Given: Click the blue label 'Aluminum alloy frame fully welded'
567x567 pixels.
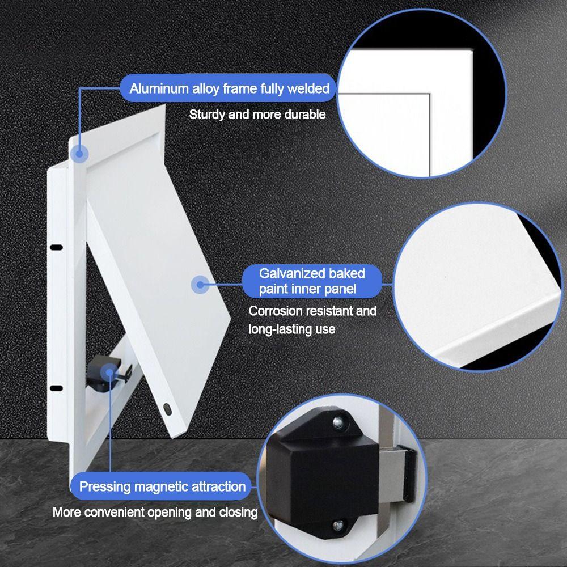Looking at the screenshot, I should tap(229, 88).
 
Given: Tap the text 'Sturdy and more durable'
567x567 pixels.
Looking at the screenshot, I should tap(257, 115).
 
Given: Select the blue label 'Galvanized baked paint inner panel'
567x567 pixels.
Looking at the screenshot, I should tap(312, 281).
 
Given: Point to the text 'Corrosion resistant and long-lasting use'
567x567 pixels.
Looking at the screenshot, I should tap(312, 320).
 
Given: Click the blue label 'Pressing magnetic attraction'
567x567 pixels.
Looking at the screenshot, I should tap(162, 486).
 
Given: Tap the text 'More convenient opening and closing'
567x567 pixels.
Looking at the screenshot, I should tap(155, 513).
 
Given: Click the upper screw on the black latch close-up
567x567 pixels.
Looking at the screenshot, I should tap(338, 421).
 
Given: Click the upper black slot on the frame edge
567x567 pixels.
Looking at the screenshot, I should tap(56, 247).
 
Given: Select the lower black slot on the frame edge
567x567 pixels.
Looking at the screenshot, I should tap(56, 388).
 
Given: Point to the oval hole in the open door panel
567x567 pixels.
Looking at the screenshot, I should tap(167, 408).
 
